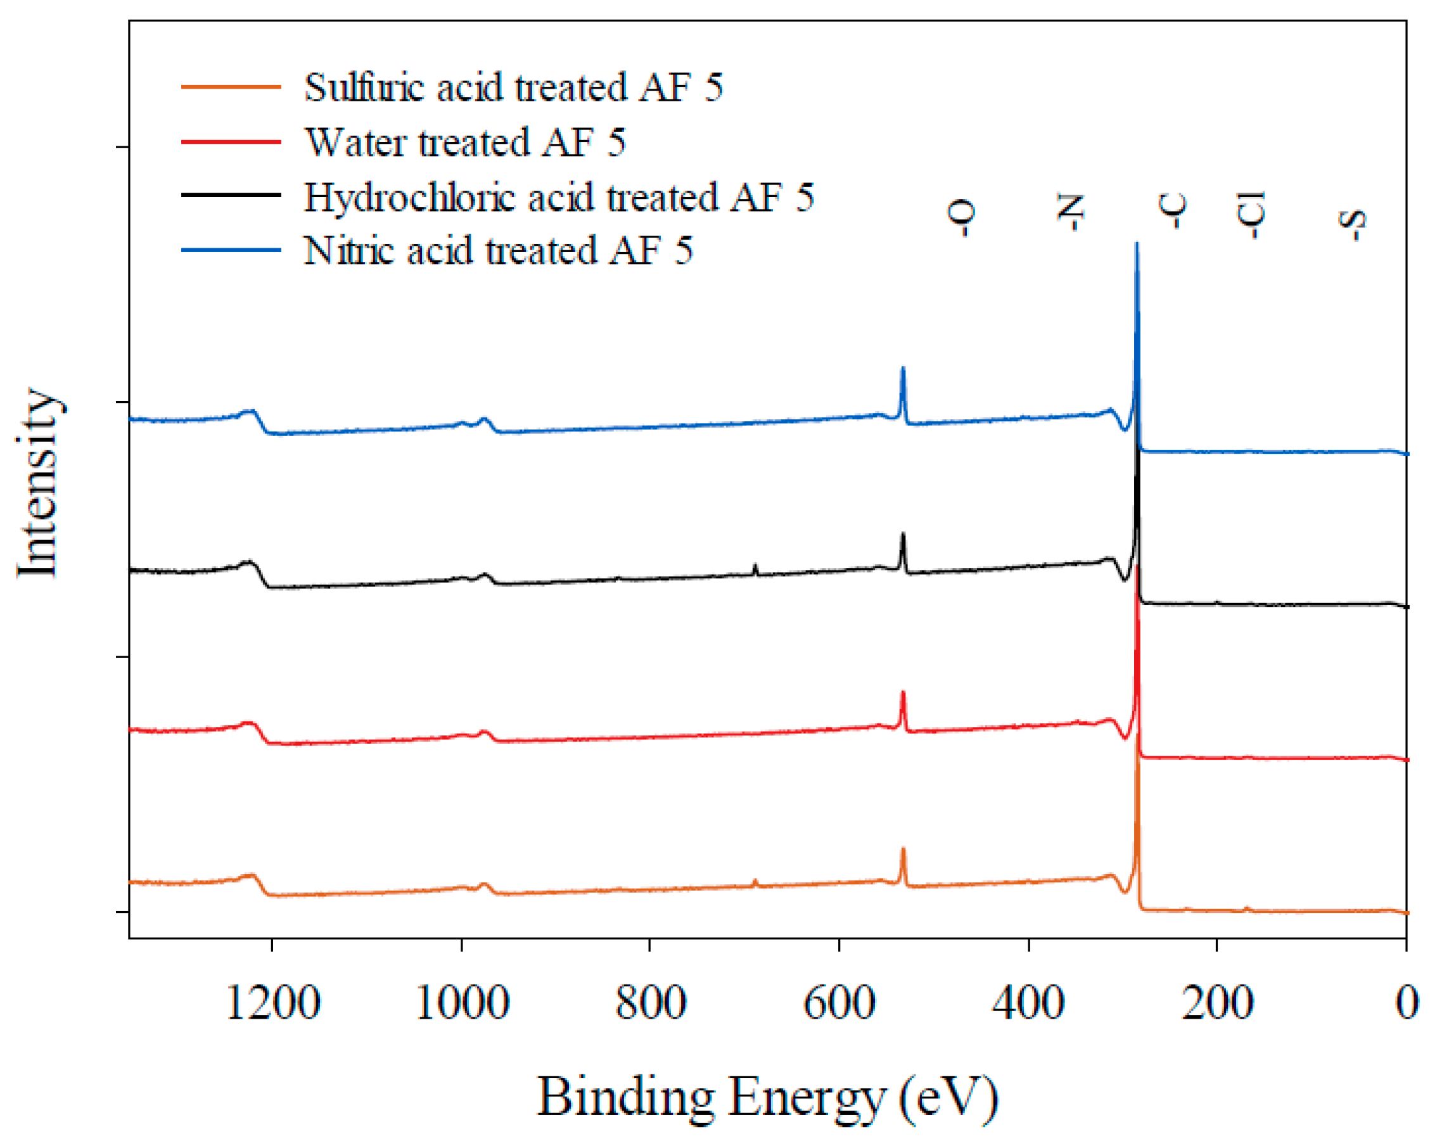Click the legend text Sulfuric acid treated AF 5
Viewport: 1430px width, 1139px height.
(x=513, y=87)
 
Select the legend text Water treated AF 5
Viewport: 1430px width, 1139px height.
(x=465, y=142)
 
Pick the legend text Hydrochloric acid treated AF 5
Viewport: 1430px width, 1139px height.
(x=558, y=197)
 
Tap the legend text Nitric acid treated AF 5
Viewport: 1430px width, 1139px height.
(x=498, y=251)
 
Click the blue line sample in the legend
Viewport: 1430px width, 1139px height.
(x=231, y=251)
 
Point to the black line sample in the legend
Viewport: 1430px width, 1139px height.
(x=231, y=195)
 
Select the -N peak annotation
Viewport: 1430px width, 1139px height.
(x=1070, y=213)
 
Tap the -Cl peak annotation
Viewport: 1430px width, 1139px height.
(x=1251, y=214)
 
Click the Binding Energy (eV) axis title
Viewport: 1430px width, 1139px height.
(x=767, y=1097)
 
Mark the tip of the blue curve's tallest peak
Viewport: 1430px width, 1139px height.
(x=1137, y=244)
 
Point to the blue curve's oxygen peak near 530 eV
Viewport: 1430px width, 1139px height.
(x=902, y=369)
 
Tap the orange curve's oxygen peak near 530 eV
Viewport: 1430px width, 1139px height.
(x=902, y=850)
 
